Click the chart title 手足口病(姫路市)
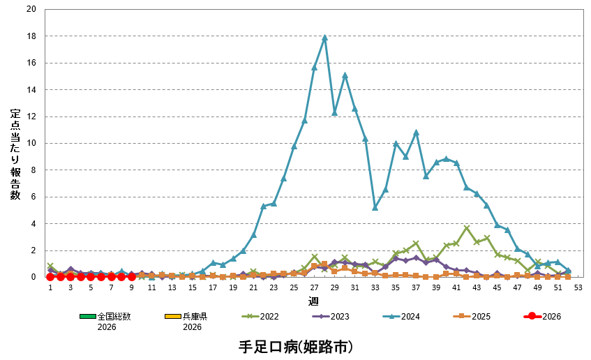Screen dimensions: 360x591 [x=295, y=346]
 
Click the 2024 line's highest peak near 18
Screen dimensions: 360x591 [x=324, y=37]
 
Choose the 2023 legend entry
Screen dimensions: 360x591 [x=331, y=316]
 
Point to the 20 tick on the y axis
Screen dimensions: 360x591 [x=31, y=9]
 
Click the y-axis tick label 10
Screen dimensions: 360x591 [x=31, y=143]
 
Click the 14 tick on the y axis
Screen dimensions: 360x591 [x=31, y=90]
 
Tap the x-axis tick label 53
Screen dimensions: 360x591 [x=578, y=287]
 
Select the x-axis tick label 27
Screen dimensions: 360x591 [x=314, y=287]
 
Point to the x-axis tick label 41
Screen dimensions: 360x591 [x=456, y=287]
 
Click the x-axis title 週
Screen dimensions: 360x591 [x=313, y=301]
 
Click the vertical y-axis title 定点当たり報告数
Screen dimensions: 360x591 [x=15, y=154]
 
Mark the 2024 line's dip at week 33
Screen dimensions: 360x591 [x=375, y=207]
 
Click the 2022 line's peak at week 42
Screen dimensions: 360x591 [x=467, y=228]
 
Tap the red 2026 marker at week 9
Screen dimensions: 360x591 [x=131, y=277]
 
